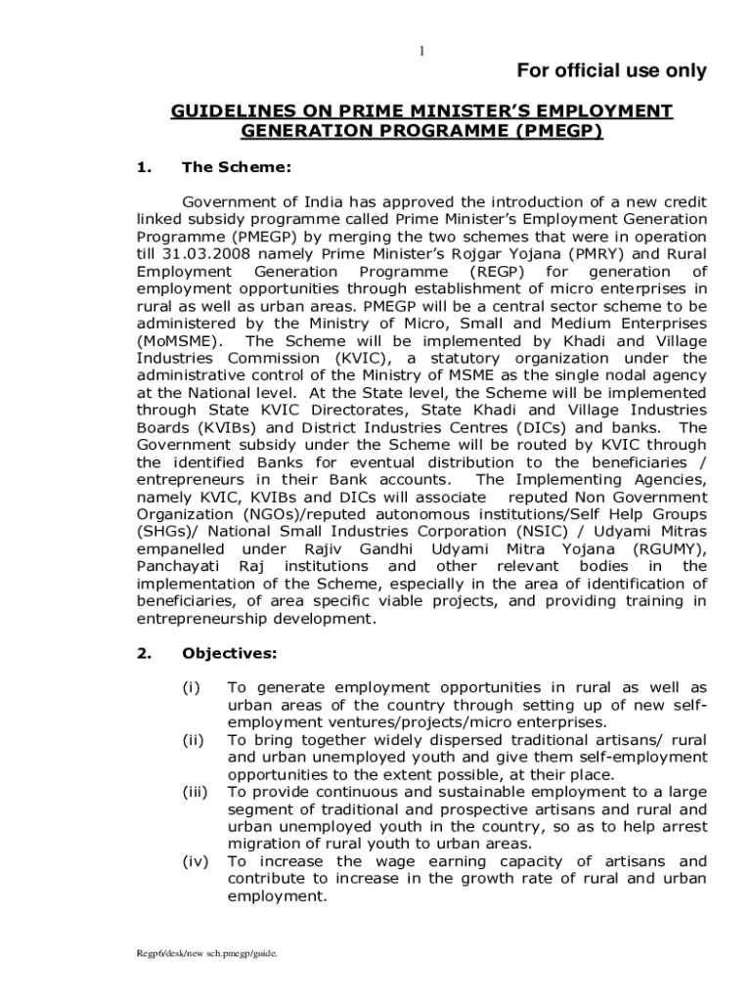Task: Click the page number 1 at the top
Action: click(421, 51)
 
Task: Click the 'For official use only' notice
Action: click(611, 71)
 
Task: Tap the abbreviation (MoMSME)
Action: click(180, 341)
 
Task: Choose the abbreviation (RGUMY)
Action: click(669, 548)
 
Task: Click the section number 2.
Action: click(143, 653)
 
